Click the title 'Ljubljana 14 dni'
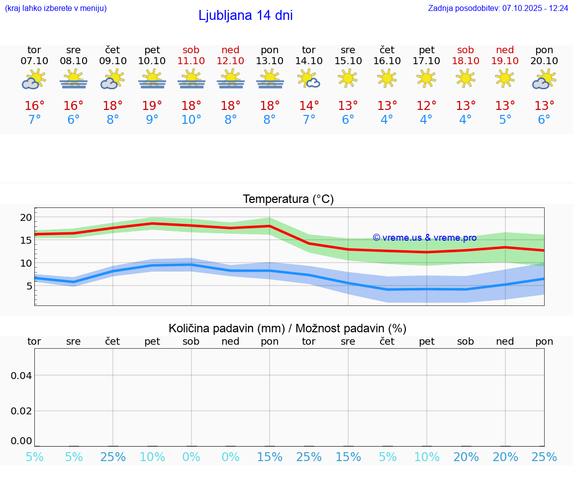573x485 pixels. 245,15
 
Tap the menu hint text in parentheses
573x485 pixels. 56,8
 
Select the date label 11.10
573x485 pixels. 191,61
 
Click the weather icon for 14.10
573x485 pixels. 309,79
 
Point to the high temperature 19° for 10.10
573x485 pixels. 152,105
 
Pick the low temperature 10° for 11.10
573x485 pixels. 191,120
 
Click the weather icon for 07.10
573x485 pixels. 34,80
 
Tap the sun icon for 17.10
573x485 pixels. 426,78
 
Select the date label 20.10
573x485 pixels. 544,61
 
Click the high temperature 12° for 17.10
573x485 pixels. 426,105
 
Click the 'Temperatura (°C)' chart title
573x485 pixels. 288,199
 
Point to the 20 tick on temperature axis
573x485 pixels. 26,217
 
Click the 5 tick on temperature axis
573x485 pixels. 29,286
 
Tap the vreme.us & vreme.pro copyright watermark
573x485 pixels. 424,238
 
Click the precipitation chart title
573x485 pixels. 287,328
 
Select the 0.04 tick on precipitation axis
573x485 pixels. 21,375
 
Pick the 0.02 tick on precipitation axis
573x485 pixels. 21,410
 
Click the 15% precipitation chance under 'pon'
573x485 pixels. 270,457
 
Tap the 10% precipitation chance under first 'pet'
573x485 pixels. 152,457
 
